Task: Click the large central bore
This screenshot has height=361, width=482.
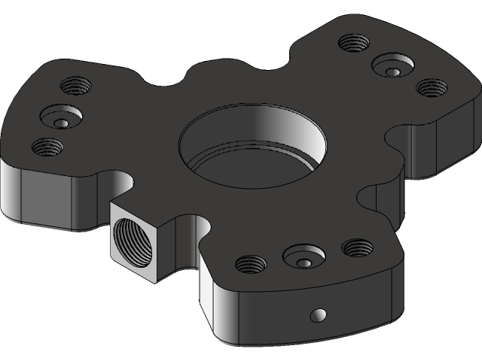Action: [x=252, y=139]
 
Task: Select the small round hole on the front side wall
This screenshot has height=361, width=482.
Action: [x=319, y=314]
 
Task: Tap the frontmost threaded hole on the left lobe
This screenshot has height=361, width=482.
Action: [x=47, y=146]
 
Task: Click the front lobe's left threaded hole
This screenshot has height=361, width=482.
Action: [x=250, y=264]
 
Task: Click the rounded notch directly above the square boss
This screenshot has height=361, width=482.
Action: [x=121, y=184]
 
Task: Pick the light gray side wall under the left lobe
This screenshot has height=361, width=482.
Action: [x=45, y=199]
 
